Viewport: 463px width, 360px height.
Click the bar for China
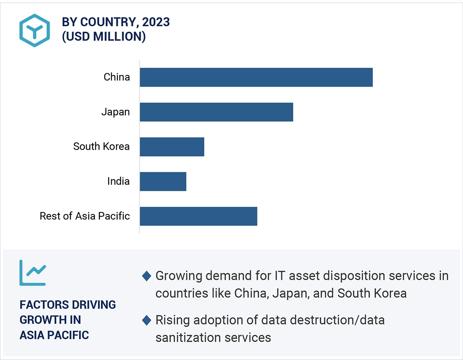click(x=256, y=77)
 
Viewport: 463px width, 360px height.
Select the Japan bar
click(x=216, y=112)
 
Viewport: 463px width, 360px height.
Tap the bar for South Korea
click(x=172, y=147)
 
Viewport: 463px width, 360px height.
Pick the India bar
click(x=163, y=181)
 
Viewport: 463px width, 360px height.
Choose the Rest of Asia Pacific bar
click(x=198, y=216)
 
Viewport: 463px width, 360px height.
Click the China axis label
click(x=117, y=77)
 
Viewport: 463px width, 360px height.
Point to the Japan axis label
click(x=116, y=112)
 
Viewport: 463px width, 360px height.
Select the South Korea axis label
click(x=101, y=147)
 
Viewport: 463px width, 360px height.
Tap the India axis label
click(x=118, y=181)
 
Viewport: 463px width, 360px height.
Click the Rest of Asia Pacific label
click(x=85, y=216)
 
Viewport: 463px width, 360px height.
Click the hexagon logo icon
click(x=34, y=30)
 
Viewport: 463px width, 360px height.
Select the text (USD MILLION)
click(x=104, y=37)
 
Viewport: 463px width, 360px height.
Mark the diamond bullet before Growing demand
click(x=147, y=276)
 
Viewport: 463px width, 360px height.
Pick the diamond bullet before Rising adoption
click(x=147, y=320)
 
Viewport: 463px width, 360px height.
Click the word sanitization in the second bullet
click(x=187, y=337)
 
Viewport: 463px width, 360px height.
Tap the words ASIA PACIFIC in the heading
click(x=54, y=335)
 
